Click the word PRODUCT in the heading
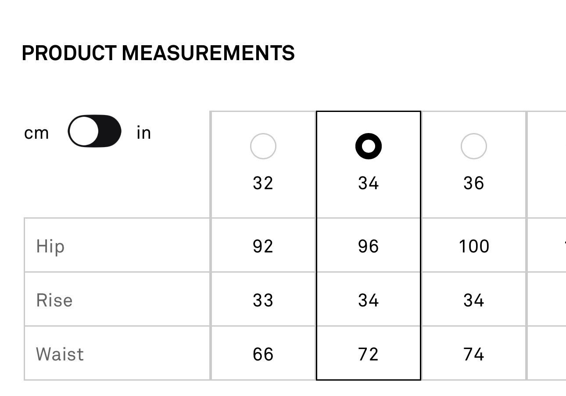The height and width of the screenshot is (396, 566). click(69, 53)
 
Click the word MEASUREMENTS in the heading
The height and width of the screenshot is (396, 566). click(208, 53)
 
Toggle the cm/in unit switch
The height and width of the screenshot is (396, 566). click(94, 131)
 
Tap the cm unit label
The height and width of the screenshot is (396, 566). click(36, 133)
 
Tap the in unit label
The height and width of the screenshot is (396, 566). click(143, 132)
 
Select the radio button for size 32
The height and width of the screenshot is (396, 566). click(263, 146)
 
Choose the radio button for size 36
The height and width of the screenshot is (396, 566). click(474, 146)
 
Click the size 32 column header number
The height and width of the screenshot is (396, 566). click(263, 183)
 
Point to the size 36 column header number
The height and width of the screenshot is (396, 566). click(474, 183)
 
